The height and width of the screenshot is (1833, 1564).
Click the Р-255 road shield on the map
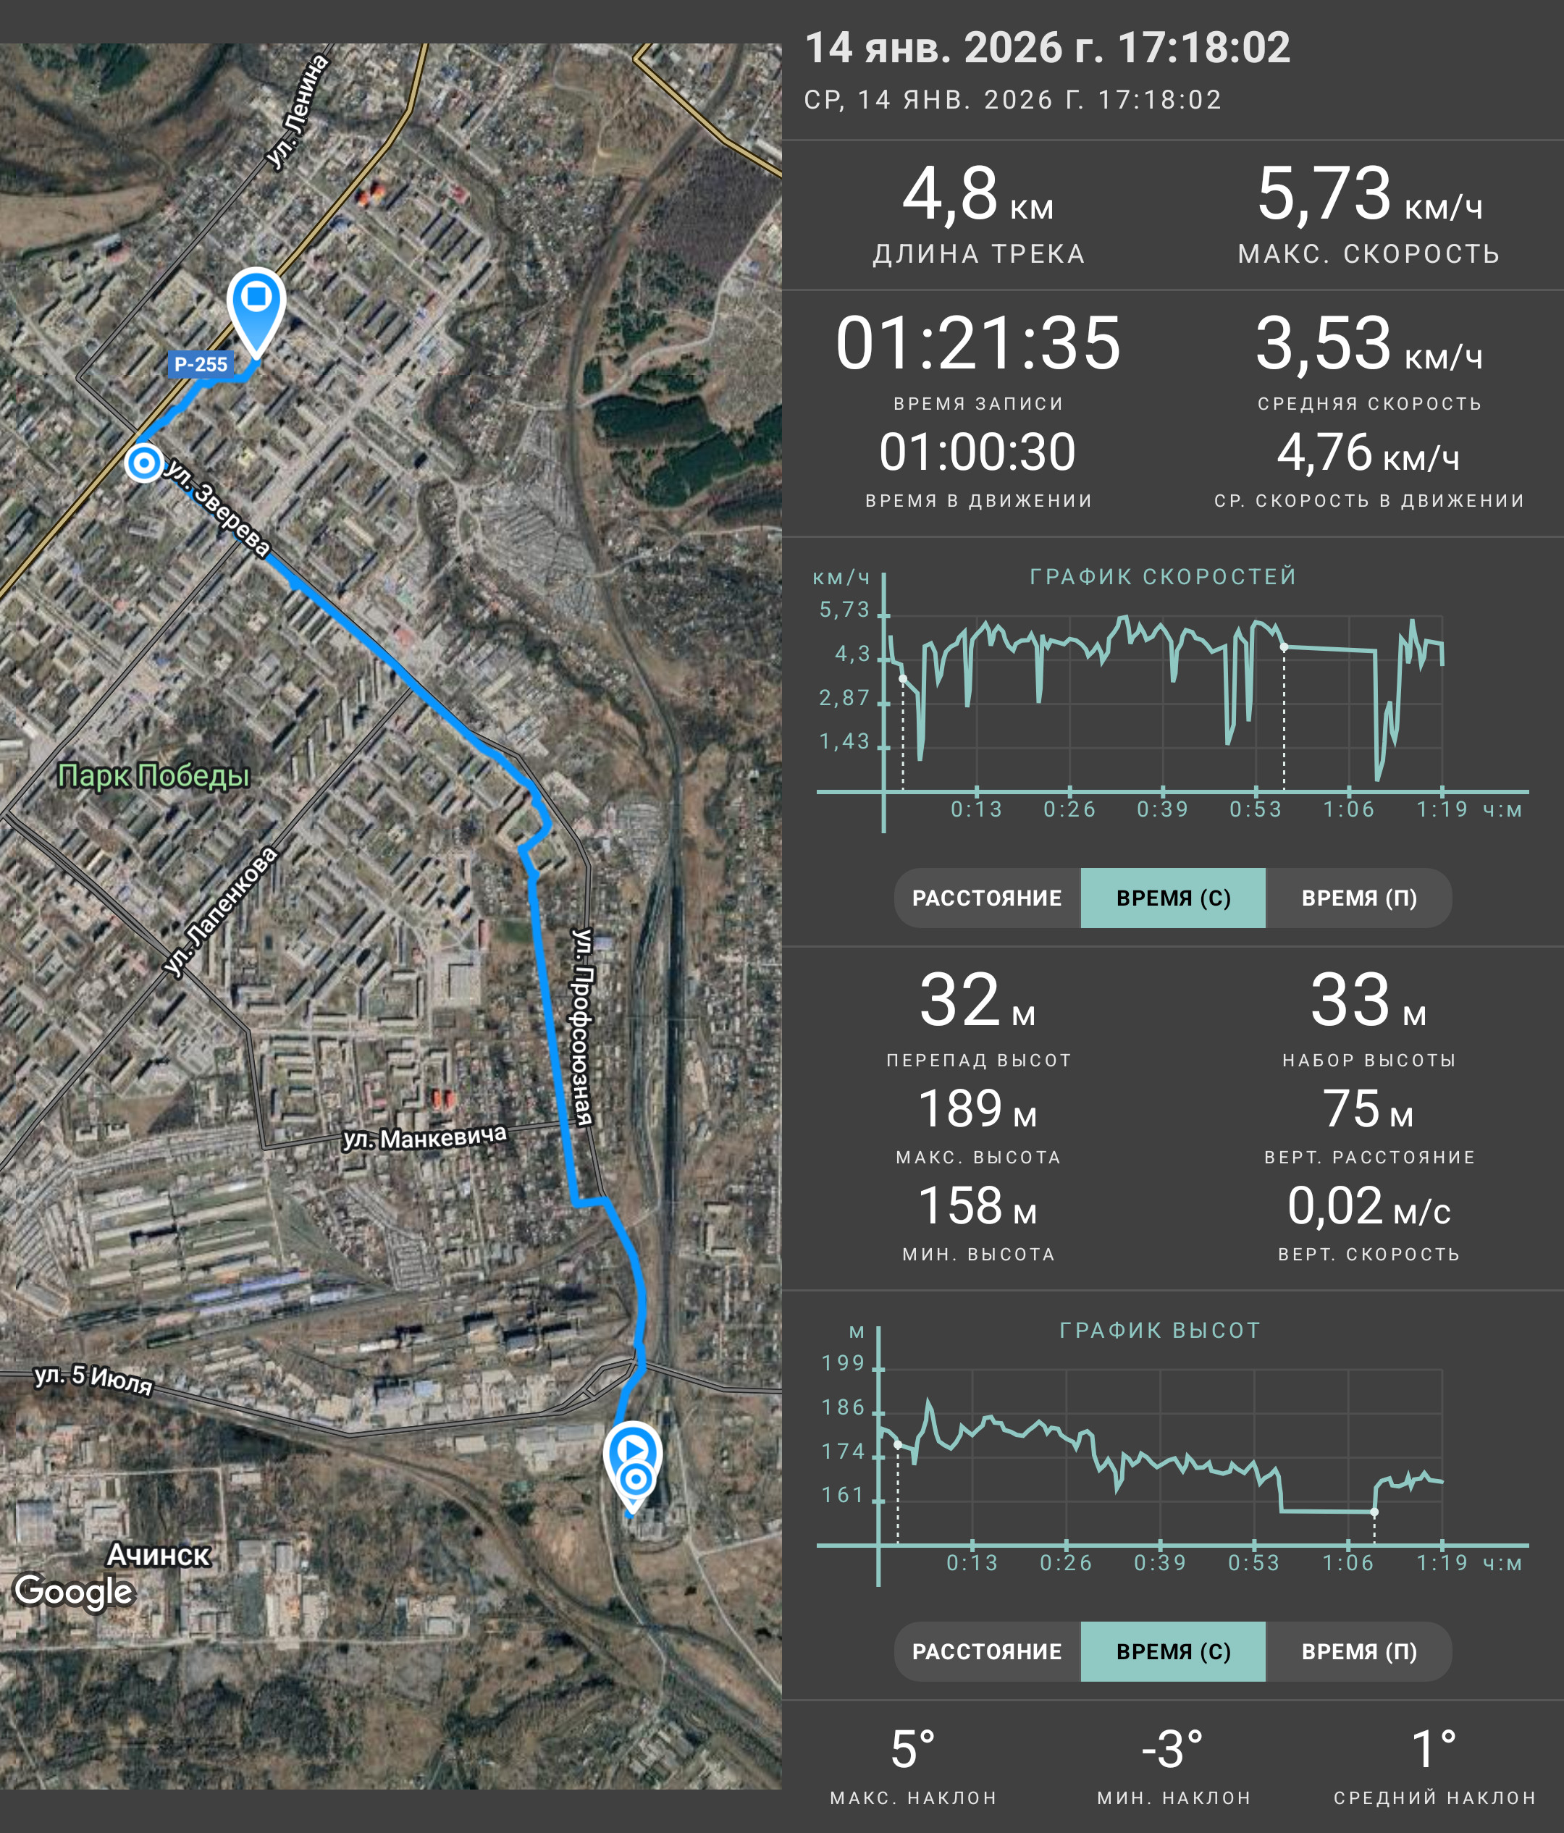(201, 363)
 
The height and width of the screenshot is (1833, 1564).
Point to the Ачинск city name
(159, 1554)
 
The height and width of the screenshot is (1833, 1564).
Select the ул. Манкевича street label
(424, 1137)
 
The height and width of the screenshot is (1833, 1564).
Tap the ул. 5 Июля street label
(93, 1379)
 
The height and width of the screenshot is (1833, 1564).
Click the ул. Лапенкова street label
(221, 912)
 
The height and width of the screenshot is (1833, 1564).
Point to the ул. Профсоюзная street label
(581, 1027)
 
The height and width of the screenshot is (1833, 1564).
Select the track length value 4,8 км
(977, 194)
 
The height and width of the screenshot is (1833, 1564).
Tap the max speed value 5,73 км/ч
(1368, 194)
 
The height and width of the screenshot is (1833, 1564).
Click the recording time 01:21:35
(977, 343)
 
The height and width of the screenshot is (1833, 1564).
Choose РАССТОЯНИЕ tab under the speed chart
(987, 898)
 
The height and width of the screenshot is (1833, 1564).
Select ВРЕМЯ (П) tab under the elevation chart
(1359, 1651)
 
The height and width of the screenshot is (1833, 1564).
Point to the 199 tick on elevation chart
(843, 1363)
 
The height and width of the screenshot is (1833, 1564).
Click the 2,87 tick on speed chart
(845, 698)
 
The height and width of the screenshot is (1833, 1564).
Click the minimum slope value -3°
(1172, 1750)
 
